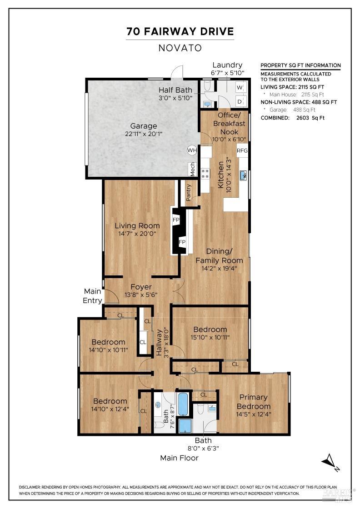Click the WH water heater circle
point(192,150)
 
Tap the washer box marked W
point(240,87)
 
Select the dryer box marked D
point(240,101)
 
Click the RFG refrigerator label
point(242,150)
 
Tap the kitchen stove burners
point(205,173)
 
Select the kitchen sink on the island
point(243,175)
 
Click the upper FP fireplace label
point(176,220)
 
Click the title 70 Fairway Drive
point(180,31)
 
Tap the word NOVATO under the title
point(180,47)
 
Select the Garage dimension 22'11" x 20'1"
point(144,134)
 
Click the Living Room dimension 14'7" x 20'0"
point(137,233)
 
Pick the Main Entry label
point(92,295)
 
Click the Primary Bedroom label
point(253,402)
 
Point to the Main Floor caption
point(179,458)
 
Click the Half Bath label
point(175,90)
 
